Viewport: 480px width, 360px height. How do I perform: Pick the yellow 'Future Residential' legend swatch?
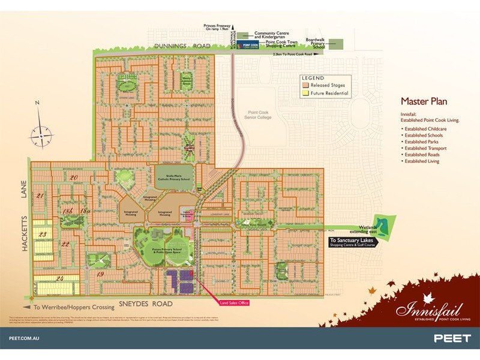point(306,94)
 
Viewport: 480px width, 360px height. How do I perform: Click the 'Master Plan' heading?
point(423,102)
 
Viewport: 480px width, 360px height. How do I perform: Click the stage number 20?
point(74,178)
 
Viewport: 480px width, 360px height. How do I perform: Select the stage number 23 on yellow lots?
point(42,234)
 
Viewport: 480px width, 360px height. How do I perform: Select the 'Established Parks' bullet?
point(421,142)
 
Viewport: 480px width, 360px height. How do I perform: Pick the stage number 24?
point(60,278)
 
